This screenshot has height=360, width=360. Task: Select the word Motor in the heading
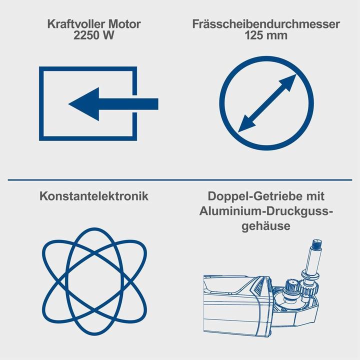(124, 24)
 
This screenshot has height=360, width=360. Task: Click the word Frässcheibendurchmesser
(266, 24)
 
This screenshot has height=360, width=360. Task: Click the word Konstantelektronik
(93, 196)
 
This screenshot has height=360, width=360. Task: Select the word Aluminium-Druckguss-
(266, 211)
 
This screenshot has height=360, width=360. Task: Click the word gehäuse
(266, 226)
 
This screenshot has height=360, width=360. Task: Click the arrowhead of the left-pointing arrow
(82, 104)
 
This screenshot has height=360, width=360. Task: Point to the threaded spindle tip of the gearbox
(316, 244)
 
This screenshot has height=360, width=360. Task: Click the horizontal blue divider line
(180, 179)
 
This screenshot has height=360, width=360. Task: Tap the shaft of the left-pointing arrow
(130, 104)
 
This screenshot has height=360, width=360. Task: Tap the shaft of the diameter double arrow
(266, 104)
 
